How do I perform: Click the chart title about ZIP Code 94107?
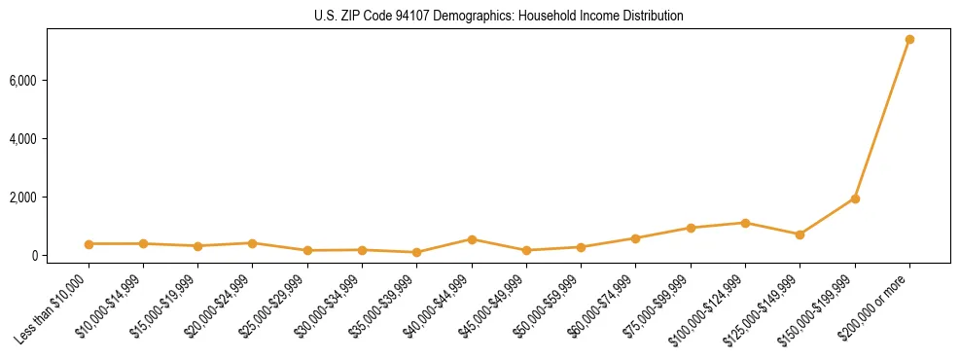(499, 17)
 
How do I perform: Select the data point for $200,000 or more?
(909, 40)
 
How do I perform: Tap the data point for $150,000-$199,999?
(855, 198)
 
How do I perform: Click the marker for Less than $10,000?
(89, 244)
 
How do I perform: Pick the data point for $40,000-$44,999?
(472, 239)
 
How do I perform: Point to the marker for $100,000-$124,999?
(745, 223)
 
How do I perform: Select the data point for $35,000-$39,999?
(417, 252)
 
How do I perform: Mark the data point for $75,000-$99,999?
(691, 228)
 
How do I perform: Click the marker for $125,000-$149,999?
(800, 234)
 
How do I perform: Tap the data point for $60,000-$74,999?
(635, 238)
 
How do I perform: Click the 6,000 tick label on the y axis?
(49, 80)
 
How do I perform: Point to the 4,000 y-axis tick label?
(49, 139)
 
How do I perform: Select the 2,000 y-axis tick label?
(49, 198)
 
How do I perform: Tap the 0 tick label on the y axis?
(59, 256)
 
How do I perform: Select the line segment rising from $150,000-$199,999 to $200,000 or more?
(882, 119)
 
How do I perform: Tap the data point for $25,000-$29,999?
(307, 250)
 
